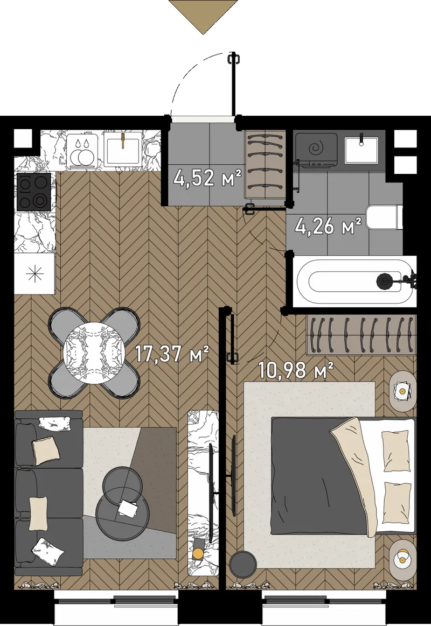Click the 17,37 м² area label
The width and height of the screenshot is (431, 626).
172,353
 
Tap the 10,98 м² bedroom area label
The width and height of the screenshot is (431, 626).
296,370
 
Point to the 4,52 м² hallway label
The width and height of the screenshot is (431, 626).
208,178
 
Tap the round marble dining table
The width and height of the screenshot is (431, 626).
94,353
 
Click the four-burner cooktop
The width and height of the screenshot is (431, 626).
33,192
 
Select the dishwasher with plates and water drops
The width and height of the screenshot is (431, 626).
82,150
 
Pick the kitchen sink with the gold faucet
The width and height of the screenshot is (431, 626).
123,149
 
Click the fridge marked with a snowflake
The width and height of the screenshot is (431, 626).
34,274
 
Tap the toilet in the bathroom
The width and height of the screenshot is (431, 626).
384,217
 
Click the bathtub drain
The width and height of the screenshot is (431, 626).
384,280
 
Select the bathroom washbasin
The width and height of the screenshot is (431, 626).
362,149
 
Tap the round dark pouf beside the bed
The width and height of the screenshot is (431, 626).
243,564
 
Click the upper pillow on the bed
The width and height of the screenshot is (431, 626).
395,450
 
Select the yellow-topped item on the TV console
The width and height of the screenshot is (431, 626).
198,553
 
